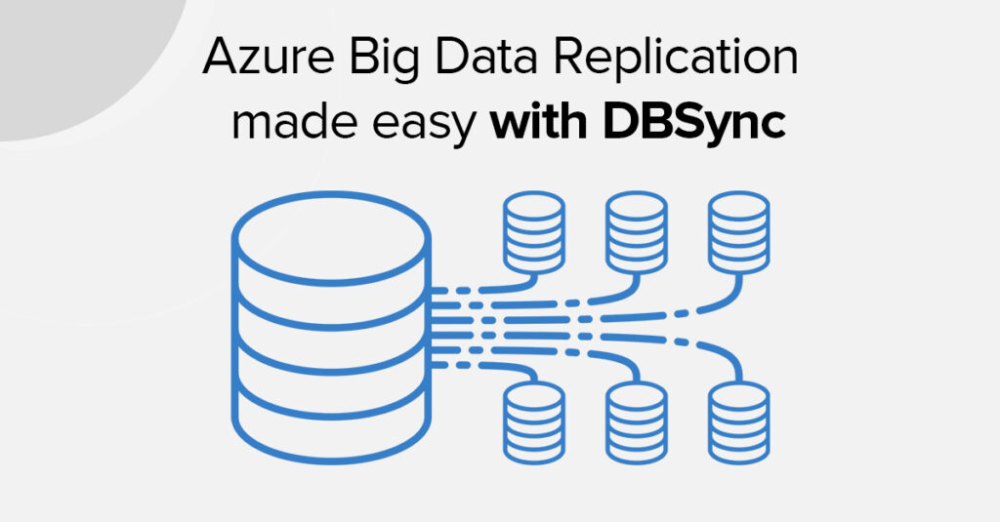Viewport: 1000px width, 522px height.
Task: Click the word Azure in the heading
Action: [257, 60]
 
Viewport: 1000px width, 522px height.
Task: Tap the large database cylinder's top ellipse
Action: [333, 235]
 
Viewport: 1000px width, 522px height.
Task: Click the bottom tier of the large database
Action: [333, 429]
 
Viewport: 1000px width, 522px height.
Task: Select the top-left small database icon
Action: [533, 233]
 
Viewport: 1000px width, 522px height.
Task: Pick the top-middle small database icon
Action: [636, 233]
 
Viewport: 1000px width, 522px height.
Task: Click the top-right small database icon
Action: [739, 233]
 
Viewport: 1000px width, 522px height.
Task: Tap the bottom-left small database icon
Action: [533, 421]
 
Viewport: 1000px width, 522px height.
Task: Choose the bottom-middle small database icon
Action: [636, 421]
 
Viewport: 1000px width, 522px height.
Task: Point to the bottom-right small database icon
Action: [739, 421]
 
